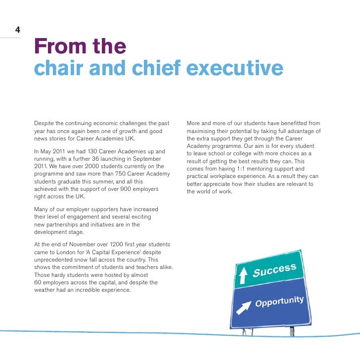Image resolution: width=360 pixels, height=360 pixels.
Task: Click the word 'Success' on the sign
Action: pos(274,270)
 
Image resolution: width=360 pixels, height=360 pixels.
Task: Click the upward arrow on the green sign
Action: pos(243,275)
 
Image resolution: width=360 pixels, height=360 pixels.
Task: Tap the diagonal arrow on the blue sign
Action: pos(243,308)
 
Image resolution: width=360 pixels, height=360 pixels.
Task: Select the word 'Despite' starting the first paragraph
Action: pos(44,123)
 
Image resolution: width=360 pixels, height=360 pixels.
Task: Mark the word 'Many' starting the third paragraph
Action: pos(42,209)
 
